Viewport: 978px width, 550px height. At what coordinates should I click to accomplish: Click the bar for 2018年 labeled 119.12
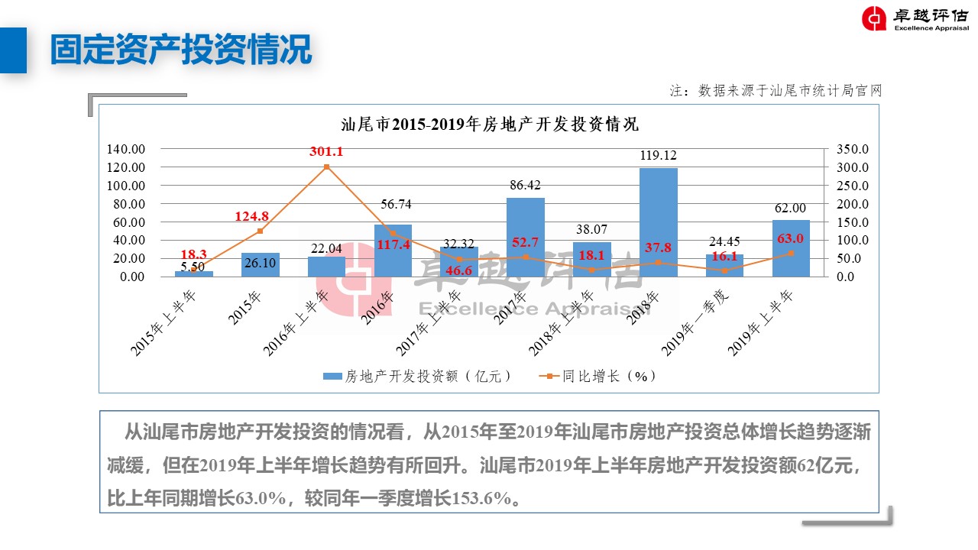point(658,222)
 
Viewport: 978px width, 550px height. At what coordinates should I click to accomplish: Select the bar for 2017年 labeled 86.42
point(526,237)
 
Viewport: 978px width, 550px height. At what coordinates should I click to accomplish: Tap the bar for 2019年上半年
point(791,248)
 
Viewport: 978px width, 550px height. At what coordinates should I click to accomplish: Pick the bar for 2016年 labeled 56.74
point(393,251)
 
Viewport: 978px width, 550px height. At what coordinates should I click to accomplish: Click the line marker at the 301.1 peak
point(326,167)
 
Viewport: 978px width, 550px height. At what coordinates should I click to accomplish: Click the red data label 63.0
point(790,239)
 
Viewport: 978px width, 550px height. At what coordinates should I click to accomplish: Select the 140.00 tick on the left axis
point(126,149)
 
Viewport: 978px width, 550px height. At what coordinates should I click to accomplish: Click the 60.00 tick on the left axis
point(129,222)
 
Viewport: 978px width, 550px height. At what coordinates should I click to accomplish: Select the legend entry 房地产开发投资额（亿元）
point(417,377)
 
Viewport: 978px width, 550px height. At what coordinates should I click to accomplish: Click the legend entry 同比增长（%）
point(599,377)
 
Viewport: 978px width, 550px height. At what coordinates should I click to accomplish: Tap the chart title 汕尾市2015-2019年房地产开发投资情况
point(489,125)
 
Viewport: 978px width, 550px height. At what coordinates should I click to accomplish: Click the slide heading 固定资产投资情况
point(181,50)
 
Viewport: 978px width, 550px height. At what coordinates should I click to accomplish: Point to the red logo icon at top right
point(874,19)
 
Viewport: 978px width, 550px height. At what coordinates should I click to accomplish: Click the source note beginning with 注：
point(776,90)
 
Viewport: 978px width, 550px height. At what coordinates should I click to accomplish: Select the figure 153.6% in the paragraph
point(481,499)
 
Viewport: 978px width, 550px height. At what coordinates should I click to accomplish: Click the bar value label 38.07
point(592,228)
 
